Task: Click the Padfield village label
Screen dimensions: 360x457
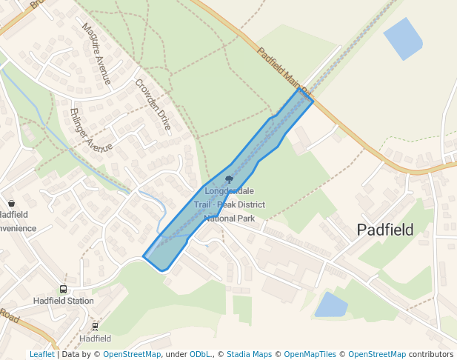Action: pos(384,230)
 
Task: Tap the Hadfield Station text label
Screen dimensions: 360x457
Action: pos(64,301)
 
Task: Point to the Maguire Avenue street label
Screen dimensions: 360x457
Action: pos(96,53)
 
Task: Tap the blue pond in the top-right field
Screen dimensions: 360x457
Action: pos(402,39)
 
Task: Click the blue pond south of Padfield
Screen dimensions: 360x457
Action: pos(331,304)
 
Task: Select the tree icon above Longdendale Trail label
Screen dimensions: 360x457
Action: pos(229,179)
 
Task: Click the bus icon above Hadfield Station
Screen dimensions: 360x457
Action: pos(63,290)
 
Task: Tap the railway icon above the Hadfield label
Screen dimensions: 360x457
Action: pos(95,327)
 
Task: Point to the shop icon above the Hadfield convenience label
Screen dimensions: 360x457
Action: pos(11,203)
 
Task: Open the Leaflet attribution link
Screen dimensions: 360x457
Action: pos(41,354)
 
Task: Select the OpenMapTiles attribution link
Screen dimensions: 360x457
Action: pos(310,354)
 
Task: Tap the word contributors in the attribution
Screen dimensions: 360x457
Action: pos(431,354)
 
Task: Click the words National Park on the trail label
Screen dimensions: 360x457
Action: pos(229,219)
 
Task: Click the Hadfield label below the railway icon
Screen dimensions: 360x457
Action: pos(95,339)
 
